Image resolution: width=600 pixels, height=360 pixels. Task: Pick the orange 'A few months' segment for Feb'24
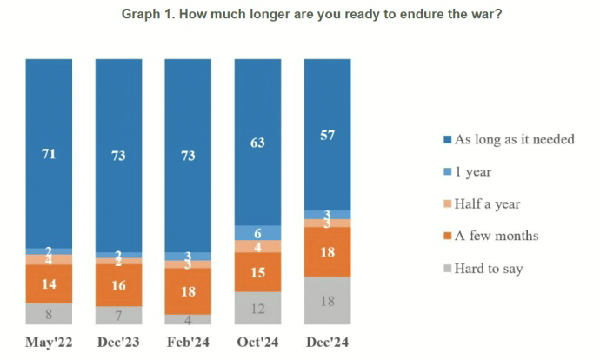[188, 290]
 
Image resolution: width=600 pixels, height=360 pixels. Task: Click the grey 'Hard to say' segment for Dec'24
[327, 300]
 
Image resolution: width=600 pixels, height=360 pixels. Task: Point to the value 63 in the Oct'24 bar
[257, 142]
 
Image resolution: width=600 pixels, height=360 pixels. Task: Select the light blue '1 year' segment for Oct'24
[257, 232]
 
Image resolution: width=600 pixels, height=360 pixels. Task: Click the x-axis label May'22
[49, 343]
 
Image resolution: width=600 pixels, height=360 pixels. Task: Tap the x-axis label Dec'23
[118, 343]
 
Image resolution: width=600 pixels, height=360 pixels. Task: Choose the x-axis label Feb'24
[188, 343]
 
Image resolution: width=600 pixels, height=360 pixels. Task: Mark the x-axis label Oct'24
[257, 343]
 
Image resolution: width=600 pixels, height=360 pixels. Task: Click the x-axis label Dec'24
[327, 343]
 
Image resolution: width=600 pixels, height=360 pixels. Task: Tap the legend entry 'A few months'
[495, 236]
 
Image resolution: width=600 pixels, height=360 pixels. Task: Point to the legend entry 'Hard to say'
[488, 268]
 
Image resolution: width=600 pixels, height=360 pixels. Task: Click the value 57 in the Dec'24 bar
[327, 135]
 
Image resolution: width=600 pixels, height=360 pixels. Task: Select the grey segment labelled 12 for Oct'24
[257, 308]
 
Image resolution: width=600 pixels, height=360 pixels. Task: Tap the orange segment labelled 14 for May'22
[49, 283]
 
